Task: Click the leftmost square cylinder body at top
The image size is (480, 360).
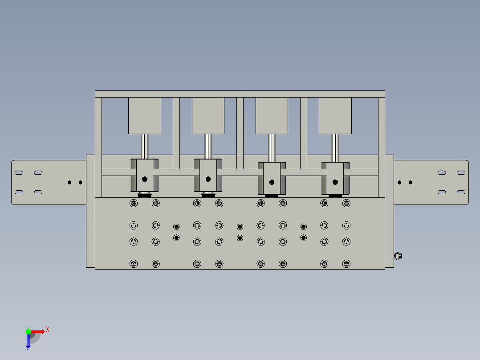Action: pyautogui.click(x=144, y=115)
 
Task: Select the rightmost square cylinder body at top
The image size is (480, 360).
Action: pyautogui.click(x=335, y=115)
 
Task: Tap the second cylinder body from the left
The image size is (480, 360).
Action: pyautogui.click(x=208, y=115)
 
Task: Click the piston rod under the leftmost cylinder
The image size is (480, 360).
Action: pyautogui.click(x=144, y=146)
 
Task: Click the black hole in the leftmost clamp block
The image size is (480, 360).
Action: pyautogui.click(x=144, y=179)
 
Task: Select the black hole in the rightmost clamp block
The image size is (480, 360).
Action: pyautogui.click(x=335, y=182)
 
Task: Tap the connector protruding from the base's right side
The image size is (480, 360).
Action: pyautogui.click(x=398, y=256)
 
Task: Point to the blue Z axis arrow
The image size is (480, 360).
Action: pyautogui.click(x=28, y=341)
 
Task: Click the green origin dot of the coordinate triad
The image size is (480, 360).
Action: pyautogui.click(x=28, y=331)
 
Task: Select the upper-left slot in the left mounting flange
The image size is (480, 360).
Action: pyautogui.click(x=19, y=172)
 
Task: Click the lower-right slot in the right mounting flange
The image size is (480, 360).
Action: pyautogui.click(x=461, y=192)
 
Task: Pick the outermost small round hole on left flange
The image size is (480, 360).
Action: pyautogui.click(x=69, y=182)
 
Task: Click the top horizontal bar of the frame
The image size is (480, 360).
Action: pyautogui.click(x=240, y=94)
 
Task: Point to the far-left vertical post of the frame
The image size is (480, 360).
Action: pyautogui.click(x=98, y=147)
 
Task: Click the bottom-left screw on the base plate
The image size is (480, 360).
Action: pyautogui.click(x=133, y=264)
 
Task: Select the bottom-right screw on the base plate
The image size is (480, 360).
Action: pyautogui.click(x=346, y=264)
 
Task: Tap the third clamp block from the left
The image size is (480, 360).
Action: pyautogui.click(x=272, y=178)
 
